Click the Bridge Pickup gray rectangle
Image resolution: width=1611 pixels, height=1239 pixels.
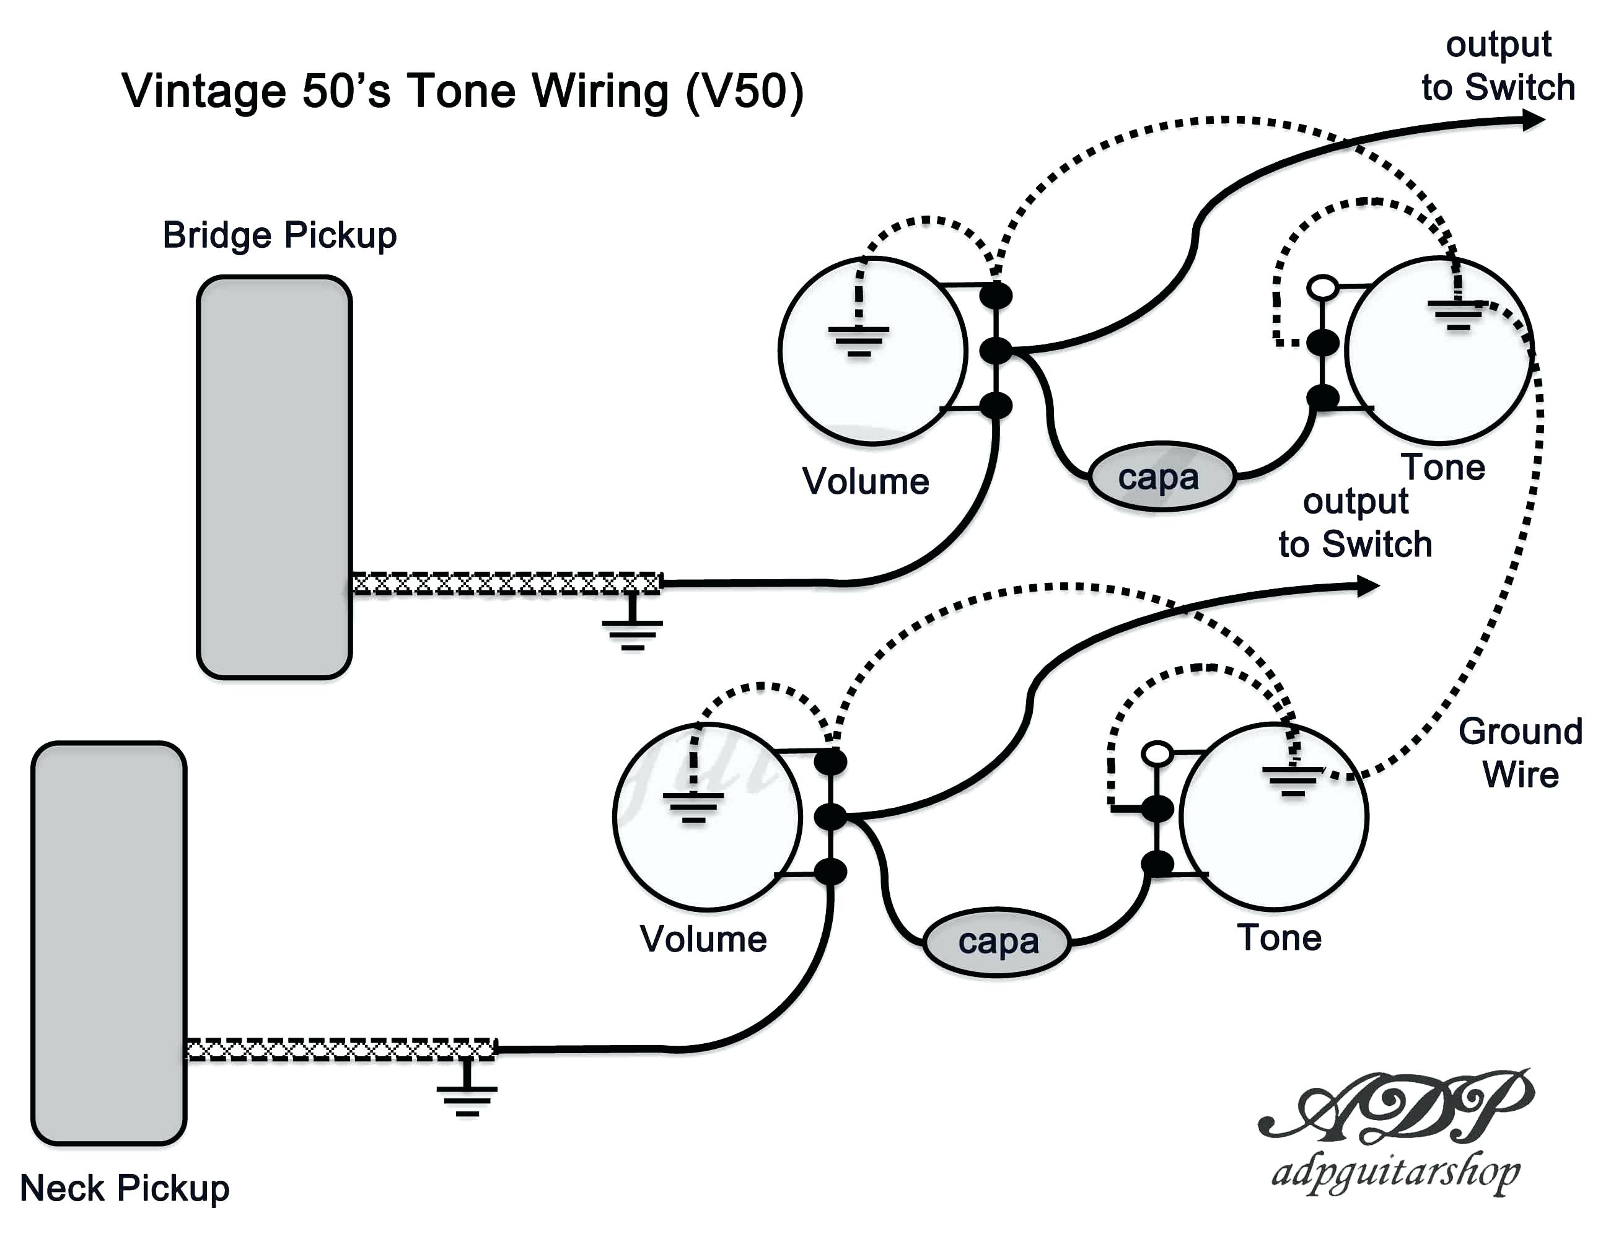pos(274,477)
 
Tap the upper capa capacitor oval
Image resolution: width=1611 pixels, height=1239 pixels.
pos(1162,477)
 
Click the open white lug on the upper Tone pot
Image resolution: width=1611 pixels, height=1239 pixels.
pos(1323,287)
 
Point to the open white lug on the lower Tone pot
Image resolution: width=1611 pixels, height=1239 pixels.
pos(1157,753)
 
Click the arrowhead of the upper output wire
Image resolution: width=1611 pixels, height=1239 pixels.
pos(1533,120)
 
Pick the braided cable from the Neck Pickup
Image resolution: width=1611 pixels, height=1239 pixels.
pos(341,1049)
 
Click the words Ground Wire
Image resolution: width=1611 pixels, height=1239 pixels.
pos(1521,753)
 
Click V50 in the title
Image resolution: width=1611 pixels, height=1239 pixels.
pos(744,92)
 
